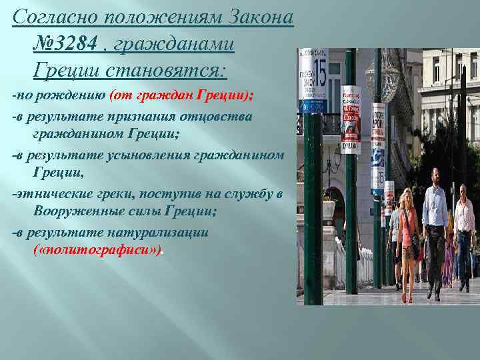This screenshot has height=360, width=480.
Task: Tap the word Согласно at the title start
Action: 47,16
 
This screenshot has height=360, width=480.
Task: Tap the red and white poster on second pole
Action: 351,120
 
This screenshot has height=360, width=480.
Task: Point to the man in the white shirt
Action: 465,233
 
